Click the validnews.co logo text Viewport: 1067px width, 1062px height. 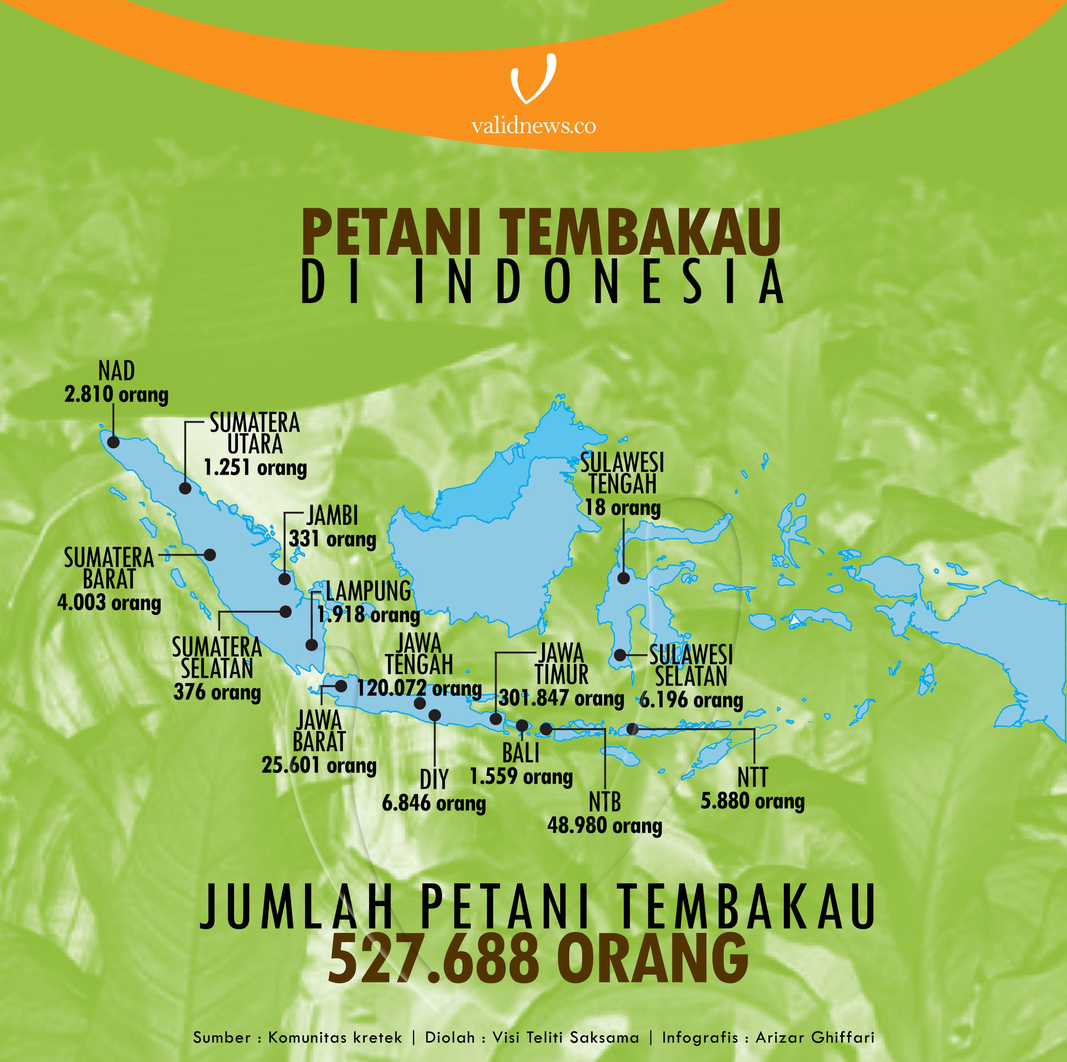pyautogui.click(x=533, y=126)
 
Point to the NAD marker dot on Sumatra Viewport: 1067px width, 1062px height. pyautogui.click(x=113, y=442)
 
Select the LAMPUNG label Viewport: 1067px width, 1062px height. pyautogui.click(x=368, y=591)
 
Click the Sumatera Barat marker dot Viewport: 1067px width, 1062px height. pyautogui.click(x=210, y=555)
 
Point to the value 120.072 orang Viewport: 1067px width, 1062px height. pyautogui.click(x=419, y=688)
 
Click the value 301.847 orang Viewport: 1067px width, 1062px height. pyautogui.click(x=561, y=698)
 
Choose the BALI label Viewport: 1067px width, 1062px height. pyautogui.click(x=520, y=753)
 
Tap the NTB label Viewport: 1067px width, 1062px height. pyautogui.click(x=605, y=802)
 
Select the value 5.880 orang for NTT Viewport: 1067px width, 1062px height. pyautogui.click(x=752, y=801)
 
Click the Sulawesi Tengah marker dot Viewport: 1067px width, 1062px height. pyautogui.click(x=623, y=578)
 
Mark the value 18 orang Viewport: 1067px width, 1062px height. pyautogui.click(x=623, y=507)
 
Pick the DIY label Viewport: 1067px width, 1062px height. pyautogui.click(x=434, y=780)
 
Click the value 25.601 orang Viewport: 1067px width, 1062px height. pyautogui.click(x=319, y=765)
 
